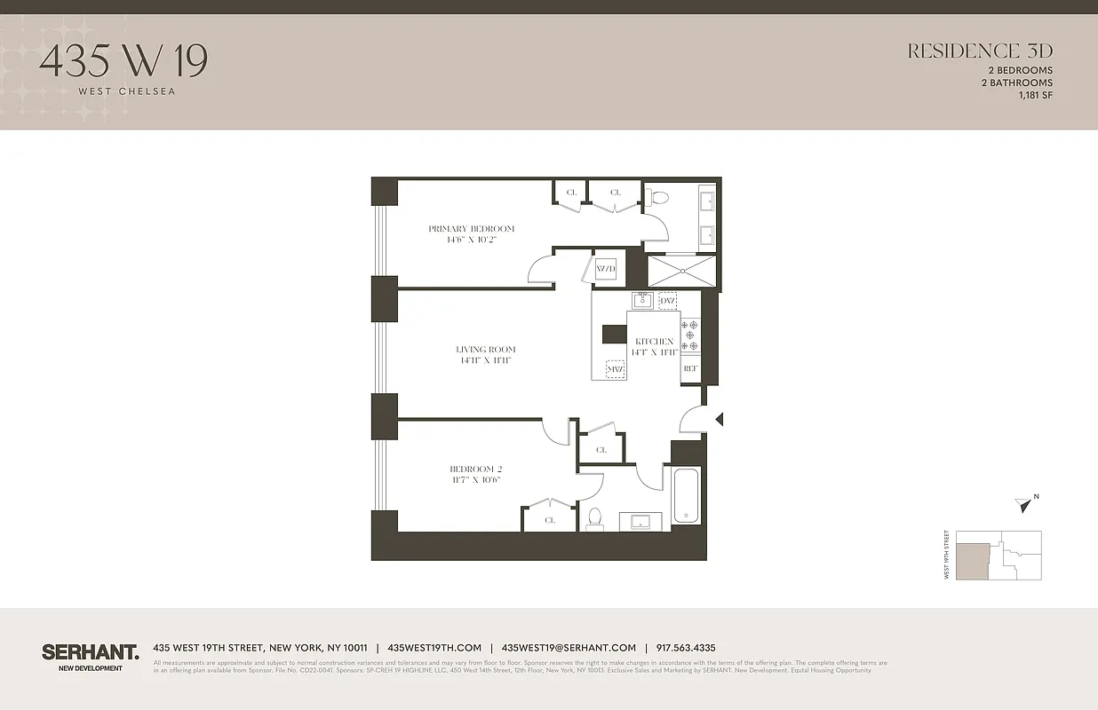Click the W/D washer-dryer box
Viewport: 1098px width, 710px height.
[606, 269]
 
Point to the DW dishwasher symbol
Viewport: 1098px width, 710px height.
[667, 302]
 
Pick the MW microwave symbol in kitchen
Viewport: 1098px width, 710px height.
[615, 368]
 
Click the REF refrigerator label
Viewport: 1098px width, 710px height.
[690, 368]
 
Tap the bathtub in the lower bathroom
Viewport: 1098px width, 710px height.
[687, 495]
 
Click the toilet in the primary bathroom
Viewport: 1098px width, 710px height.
[658, 201]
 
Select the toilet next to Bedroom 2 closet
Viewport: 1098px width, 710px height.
[595, 517]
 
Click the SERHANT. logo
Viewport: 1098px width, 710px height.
[90, 652]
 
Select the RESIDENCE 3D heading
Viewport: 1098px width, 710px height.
[979, 51]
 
